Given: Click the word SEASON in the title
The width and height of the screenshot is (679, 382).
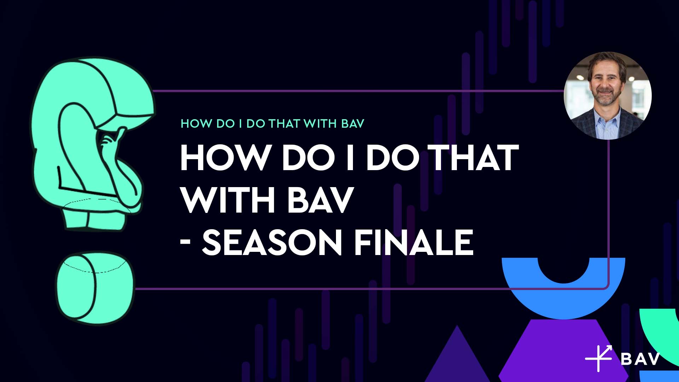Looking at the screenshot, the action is click(x=272, y=242).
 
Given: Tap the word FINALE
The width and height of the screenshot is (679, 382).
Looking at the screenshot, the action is click(x=413, y=242).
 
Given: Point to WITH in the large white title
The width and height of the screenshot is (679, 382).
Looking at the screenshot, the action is click(x=228, y=200).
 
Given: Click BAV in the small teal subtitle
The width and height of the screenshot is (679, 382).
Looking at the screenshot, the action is click(x=353, y=123).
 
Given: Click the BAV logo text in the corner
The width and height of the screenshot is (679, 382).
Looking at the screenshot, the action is click(x=640, y=359).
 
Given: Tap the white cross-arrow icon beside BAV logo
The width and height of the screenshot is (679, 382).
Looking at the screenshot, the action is click(x=599, y=358).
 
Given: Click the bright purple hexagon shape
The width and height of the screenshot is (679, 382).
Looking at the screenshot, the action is click(x=564, y=350).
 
